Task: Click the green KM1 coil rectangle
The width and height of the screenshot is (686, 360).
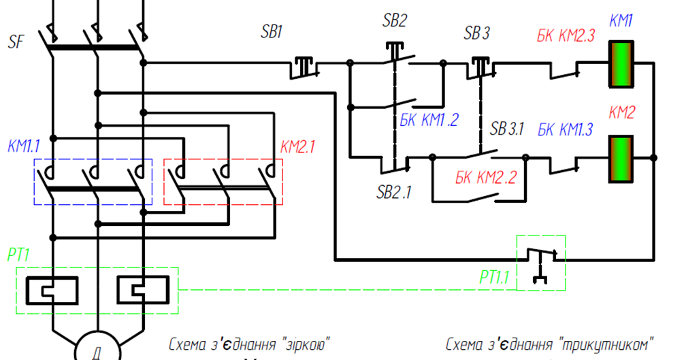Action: click(x=621, y=64)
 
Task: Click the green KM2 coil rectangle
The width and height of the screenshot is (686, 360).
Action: click(x=621, y=159)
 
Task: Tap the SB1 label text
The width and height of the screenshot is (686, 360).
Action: click(x=272, y=32)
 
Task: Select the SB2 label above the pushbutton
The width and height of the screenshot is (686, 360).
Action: click(x=395, y=20)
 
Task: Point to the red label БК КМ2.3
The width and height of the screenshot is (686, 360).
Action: click(x=566, y=35)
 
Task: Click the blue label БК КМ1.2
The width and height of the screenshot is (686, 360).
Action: click(x=429, y=119)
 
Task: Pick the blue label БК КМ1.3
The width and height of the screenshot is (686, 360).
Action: click(x=565, y=129)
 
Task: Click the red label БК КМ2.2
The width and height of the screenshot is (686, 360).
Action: click(x=486, y=177)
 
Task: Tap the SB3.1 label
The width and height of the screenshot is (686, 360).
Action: click(x=506, y=129)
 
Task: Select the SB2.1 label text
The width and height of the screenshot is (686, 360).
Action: click(x=394, y=192)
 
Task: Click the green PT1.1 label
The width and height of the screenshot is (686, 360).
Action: click(x=494, y=277)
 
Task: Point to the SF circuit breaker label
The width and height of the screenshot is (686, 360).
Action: click(x=16, y=42)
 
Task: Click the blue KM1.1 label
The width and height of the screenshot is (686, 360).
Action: click(x=24, y=146)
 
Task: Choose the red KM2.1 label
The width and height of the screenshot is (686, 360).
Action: click(x=297, y=147)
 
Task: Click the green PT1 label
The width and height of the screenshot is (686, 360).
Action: click(x=18, y=255)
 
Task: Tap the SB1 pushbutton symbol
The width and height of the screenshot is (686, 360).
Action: click(x=304, y=68)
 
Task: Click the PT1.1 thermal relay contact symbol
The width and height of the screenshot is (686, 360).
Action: click(x=542, y=265)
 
